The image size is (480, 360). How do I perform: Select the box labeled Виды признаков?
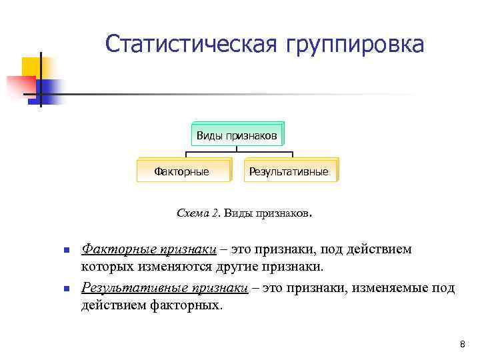[237, 135]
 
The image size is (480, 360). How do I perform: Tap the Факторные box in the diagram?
[181, 171]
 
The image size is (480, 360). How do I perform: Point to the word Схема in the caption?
[193, 213]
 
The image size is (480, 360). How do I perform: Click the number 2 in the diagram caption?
[215, 213]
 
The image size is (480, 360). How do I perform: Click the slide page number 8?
[462, 344]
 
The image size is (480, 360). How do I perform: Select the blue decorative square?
[49, 89]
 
